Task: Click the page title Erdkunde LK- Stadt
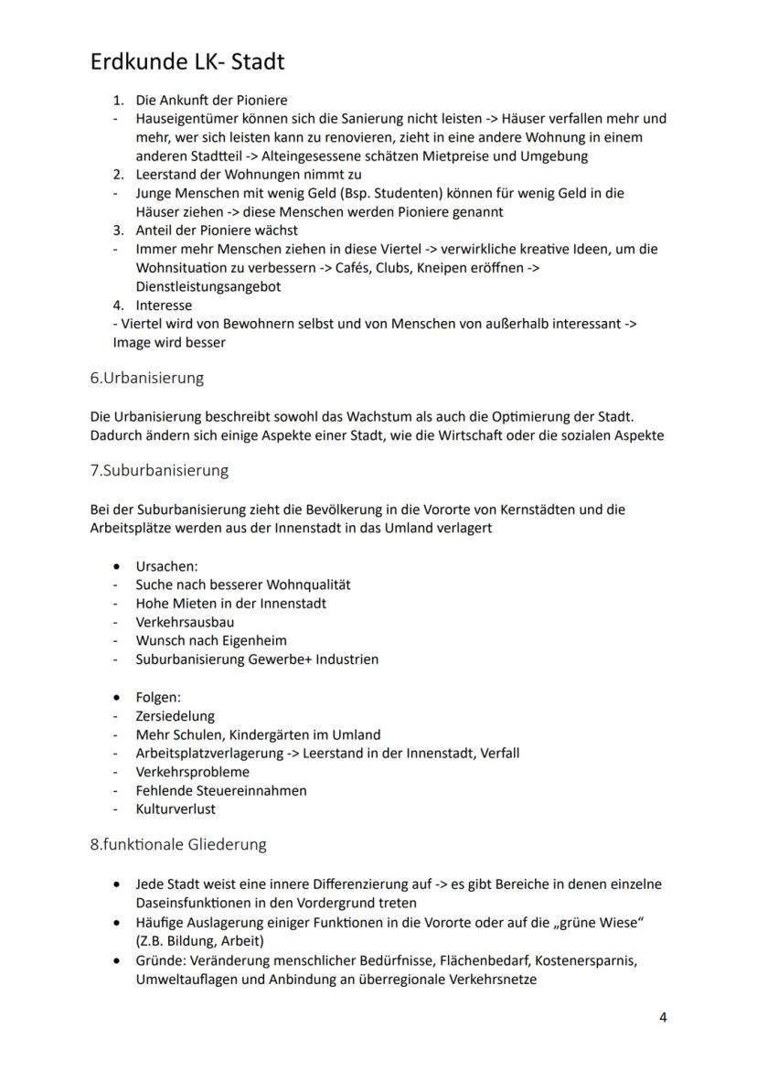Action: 187,61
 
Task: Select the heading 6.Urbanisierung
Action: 146,378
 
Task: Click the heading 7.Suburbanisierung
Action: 159,470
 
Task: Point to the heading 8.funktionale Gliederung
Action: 178,844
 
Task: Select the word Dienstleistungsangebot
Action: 208,286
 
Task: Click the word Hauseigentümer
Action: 183,118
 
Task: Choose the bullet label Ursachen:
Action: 166,566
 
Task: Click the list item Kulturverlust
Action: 176,809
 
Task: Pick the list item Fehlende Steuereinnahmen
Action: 221,790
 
